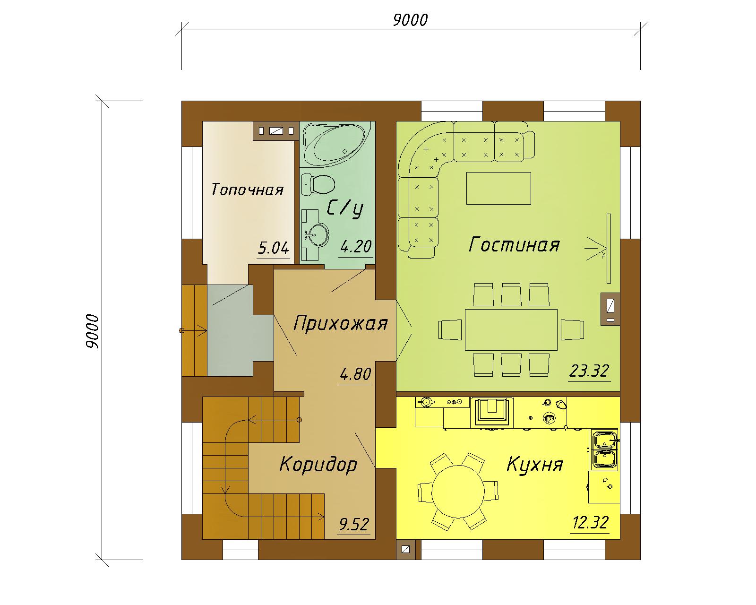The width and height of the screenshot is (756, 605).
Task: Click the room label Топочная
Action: (247, 190)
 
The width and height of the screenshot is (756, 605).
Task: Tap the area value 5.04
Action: (273, 248)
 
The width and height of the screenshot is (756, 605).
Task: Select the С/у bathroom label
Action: (344, 209)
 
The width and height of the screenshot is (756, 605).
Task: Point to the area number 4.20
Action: (356, 246)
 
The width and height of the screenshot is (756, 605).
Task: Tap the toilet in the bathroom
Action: (318, 184)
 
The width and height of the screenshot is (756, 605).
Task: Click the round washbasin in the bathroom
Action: (318, 234)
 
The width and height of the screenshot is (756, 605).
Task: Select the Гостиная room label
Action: (514, 245)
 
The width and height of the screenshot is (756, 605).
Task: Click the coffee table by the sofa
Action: (498, 188)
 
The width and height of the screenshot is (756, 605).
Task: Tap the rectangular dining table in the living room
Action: (511, 330)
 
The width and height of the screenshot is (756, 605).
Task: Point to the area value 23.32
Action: (589, 371)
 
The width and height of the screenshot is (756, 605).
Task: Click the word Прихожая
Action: (340, 323)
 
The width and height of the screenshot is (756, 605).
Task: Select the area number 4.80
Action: (355, 374)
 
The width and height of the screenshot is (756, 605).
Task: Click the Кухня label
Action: (535, 465)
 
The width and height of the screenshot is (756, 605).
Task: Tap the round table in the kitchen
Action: (458, 491)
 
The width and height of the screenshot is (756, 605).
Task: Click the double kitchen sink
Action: (605, 449)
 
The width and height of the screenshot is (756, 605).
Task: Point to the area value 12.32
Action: (590, 523)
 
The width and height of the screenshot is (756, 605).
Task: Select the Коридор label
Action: (318, 465)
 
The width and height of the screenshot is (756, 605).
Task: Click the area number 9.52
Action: (354, 525)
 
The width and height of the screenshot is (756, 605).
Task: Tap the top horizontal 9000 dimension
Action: (410, 20)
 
